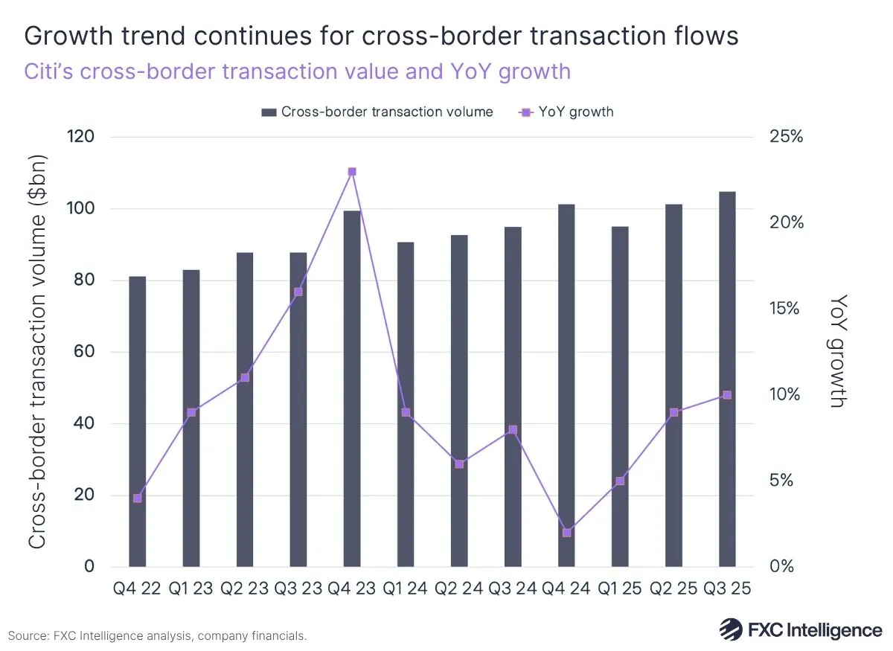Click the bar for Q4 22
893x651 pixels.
[138, 421]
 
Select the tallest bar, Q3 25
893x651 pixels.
[727, 379]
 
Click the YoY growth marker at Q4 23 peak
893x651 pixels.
[352, 172]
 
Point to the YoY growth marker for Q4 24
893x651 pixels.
[566, 533]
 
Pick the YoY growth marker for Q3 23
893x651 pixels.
[298, 292]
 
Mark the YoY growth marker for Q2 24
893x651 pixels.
[459, 464]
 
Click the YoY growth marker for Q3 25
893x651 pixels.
[727, 395]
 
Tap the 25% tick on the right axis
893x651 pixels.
[787, 137]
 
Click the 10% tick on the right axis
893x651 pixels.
[787, 394]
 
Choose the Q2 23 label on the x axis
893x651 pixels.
[245, 589]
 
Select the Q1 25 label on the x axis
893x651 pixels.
[620, 589]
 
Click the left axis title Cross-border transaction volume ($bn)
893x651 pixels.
[37, 351]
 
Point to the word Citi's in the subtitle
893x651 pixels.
[51, 71]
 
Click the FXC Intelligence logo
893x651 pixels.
[800, 629]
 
